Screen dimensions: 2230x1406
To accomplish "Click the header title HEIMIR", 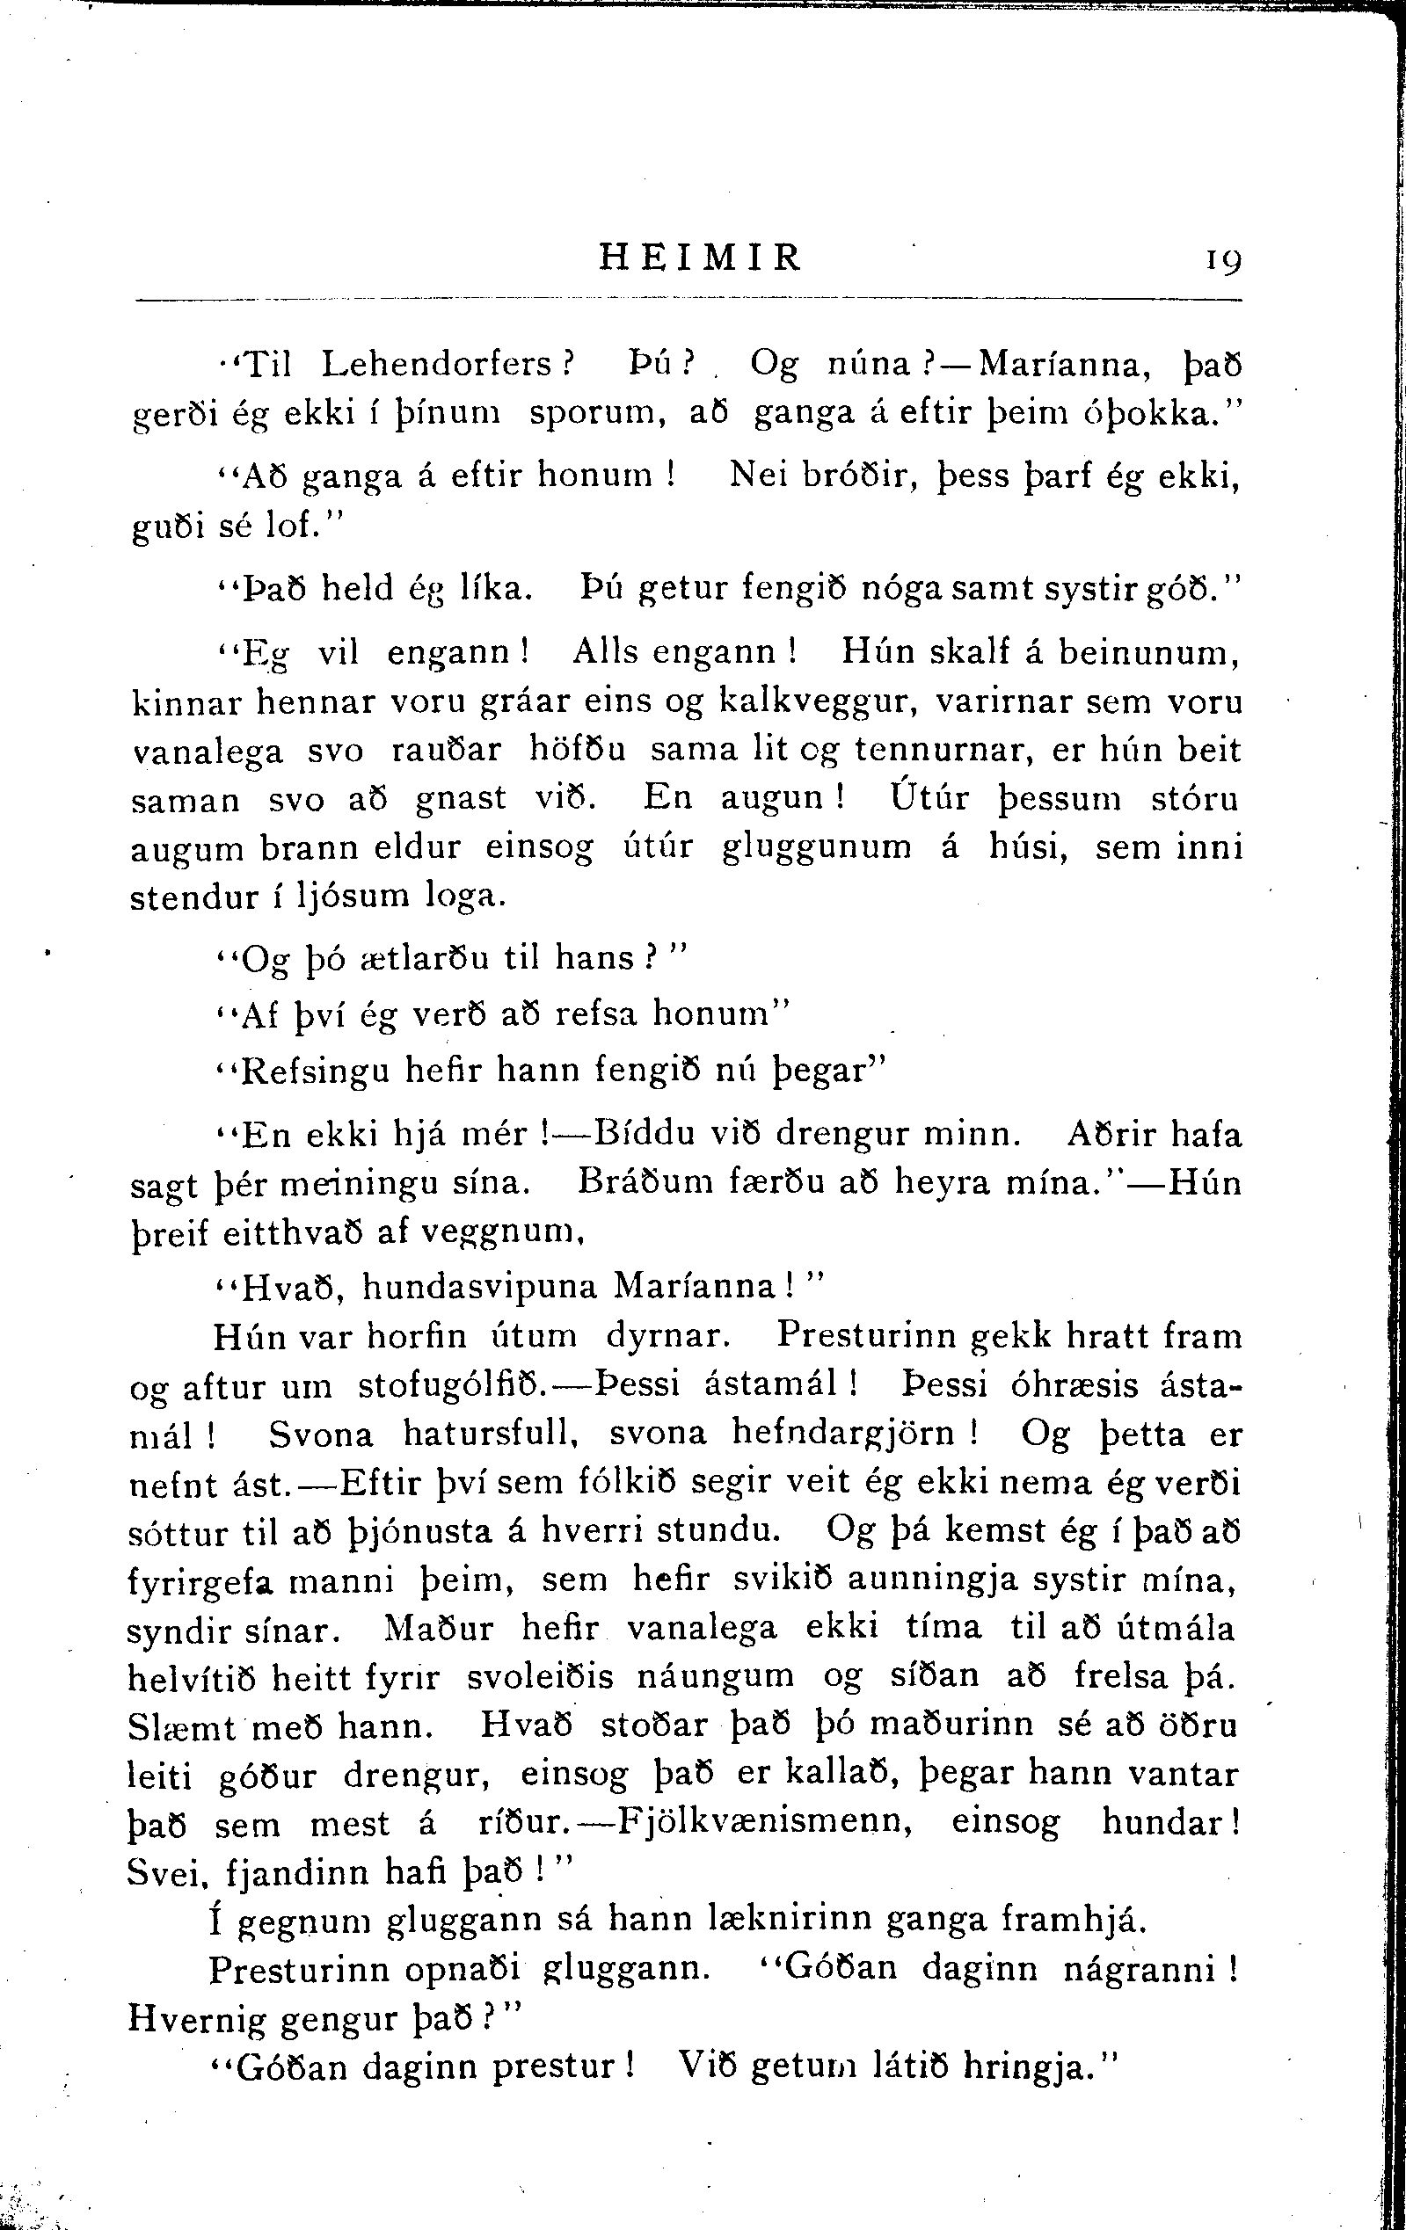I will (x=700, y=257).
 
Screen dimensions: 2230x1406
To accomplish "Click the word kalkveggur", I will (x=818, y=703).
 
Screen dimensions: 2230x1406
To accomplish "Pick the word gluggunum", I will (x=816, y=847).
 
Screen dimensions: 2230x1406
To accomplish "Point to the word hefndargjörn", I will (x=843, y=1434).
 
